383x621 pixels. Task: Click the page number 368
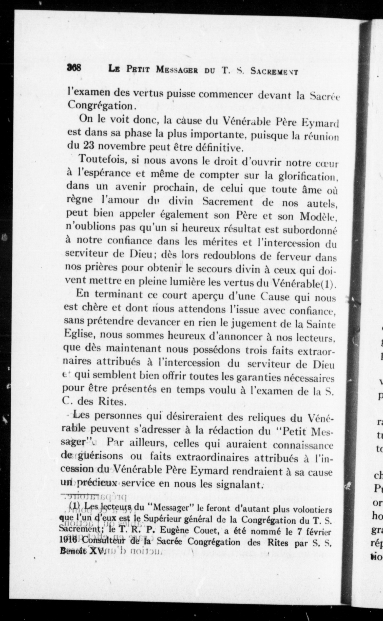click(74, 68)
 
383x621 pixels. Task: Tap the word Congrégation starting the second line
click(100, 106)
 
